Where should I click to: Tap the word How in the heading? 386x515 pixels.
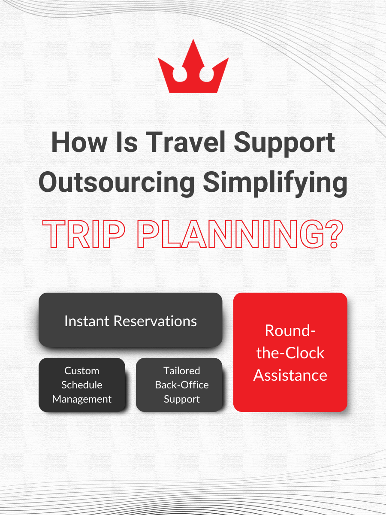79,142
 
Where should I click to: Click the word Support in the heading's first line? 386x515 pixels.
284,144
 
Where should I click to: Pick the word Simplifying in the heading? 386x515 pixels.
275,184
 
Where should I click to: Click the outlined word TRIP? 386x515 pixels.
84,234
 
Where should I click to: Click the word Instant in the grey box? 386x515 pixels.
87,321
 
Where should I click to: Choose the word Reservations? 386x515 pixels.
155,321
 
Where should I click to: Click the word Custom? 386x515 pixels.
82,371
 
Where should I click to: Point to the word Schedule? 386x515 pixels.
82,385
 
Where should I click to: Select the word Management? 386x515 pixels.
82,400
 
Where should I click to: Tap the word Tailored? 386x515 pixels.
181,371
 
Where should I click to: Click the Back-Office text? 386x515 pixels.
181,385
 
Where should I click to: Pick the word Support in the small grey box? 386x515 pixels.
181,399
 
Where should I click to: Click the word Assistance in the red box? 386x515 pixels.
290,375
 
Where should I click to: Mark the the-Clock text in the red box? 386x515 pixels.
290,353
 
